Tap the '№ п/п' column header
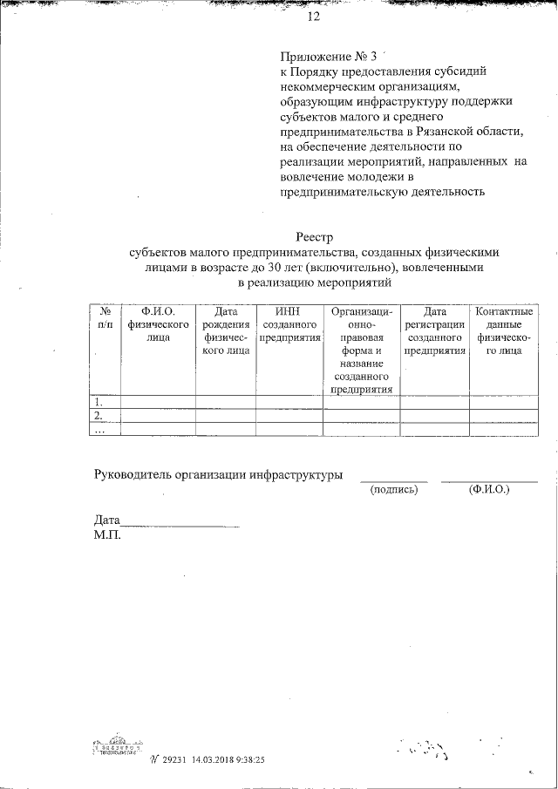tap(105, 318)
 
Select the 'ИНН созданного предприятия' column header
tap(289, 324)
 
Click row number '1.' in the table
tap(99, 403)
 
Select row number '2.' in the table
tap(99, 416)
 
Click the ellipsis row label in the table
tap(99, 429)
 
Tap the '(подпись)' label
tap(394, 490)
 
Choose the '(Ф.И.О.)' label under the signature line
tap(488, 490)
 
